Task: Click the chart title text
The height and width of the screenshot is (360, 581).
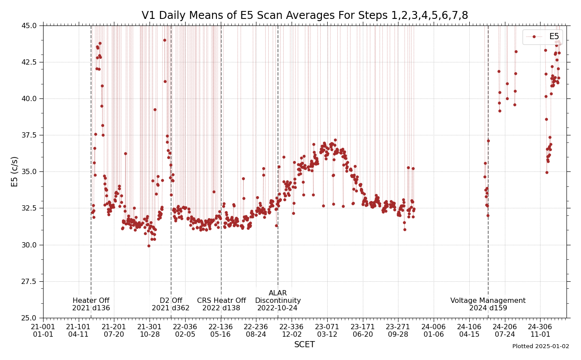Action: point(304,15)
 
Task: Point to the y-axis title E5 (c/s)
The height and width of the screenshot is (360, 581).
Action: point(15,171)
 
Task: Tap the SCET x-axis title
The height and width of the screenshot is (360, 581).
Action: point(304,345)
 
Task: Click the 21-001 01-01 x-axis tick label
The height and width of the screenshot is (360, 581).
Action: point(43,331)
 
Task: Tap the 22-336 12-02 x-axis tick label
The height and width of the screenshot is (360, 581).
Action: point(292,331)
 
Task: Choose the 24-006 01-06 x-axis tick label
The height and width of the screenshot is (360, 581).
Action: point(434,331)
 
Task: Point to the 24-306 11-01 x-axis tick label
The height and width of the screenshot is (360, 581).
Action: point(540,331)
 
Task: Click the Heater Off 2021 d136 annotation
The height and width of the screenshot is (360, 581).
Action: point(91,304)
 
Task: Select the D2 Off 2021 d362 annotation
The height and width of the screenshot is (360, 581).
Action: point(171,304)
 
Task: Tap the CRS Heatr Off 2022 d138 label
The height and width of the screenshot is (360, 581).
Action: point(221,304)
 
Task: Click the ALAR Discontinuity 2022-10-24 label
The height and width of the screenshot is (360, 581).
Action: point(278,300)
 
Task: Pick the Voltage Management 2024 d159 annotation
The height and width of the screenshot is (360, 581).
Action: point(488,304)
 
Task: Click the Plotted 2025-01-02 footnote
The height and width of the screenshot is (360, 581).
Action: point(541,346)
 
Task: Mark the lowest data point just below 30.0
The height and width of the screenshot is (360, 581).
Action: point(149,246)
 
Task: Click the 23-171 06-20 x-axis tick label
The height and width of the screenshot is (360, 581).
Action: point(363,331)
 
